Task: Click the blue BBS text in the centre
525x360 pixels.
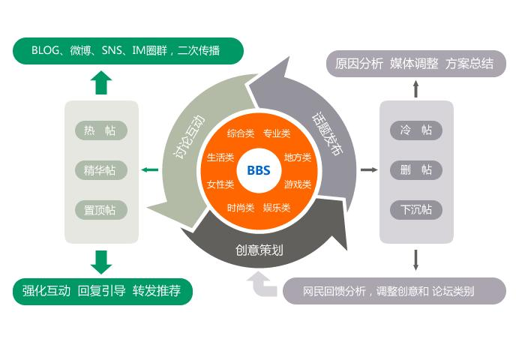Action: pyautogui.click(x=259, y=170)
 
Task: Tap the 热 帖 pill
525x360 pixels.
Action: pyautogui.click(x=101, y=130)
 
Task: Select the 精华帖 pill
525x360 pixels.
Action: pyautogui.click(x=101, y=170)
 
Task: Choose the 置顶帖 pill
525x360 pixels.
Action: pyautogui.click(x=101, y=210)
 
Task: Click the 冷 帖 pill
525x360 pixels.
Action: pyautogui.click(x=416, y=130)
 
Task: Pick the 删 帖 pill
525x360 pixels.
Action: pyautogui.click(x=416, y=170)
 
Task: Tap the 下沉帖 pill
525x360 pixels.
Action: pyautogui.click(x=416, y=210)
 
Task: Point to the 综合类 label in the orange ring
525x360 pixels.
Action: pyautogui.click(x=241, y=133)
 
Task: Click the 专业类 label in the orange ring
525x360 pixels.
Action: pyautogui.click(x=277, y=133)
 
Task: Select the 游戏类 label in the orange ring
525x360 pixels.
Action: pyautogui.click(x=298, y=184)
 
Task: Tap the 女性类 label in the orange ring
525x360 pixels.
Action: pyautogui.click(x=220, y=184)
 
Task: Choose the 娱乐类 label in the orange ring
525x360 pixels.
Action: pyautogui.click(x=277, y=208)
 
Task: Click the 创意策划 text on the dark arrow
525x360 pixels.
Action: pyautogui.click(x=259, y=250)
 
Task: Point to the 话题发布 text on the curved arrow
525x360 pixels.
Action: pyautogui.click(x=328, y=134)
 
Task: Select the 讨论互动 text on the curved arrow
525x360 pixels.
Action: pyautogui.click(x=188, y=136)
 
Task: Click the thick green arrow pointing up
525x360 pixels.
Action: pyautogui.click(x=101, y=82)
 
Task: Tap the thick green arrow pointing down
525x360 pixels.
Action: pyautogui.click(x=101, y=262)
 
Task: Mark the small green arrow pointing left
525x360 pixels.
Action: pyautogui.click(x=150, y=169)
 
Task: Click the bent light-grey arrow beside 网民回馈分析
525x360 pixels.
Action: pyautogui.click(x=262, y=284)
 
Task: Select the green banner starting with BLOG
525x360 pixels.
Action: pyautogui.click(x=128, y=51)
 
